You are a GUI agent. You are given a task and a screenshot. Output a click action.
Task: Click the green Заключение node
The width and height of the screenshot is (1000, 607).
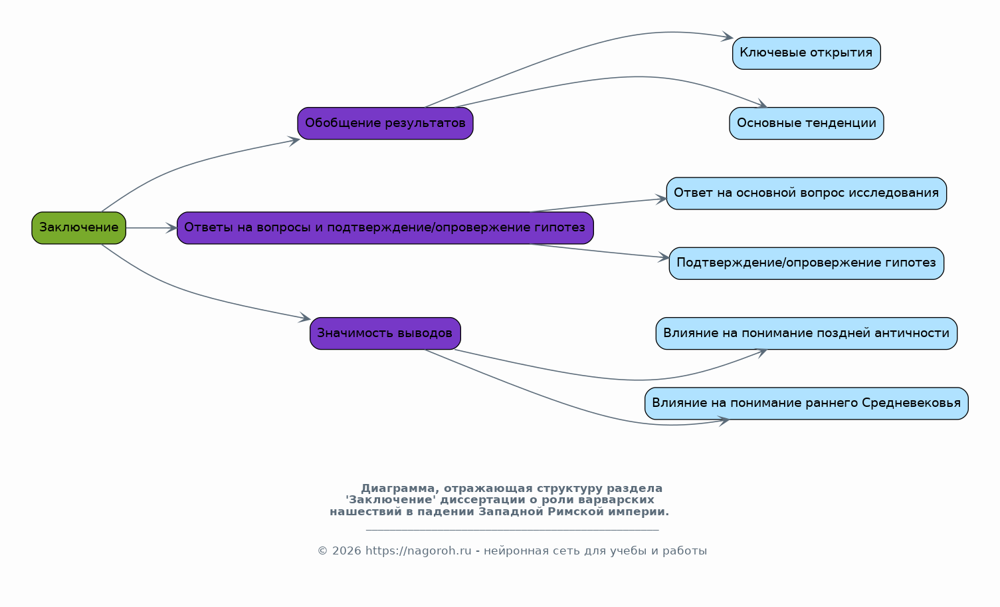click(x=78, y=228)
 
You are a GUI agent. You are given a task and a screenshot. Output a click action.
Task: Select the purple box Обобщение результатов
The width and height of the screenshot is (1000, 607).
click(x=385, y=123)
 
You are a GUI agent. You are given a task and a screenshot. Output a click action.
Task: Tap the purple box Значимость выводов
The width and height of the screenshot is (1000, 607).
click(x=385, y=333)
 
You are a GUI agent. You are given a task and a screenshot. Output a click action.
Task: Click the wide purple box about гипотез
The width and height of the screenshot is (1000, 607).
click(x=385, y=228)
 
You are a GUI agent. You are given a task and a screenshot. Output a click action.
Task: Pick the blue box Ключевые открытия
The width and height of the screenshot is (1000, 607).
click(x=806, y=53)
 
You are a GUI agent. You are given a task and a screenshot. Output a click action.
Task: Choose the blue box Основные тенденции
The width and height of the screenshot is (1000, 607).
click(x=806, y=123)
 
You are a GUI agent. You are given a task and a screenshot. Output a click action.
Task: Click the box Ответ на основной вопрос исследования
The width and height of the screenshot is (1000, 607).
click(x=806, y=193)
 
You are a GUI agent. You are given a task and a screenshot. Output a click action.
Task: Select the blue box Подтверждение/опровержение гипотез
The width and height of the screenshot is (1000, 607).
click(x=806, y=263)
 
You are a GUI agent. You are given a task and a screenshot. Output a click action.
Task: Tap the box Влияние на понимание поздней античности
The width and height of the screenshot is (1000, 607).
click(x=806, y=333)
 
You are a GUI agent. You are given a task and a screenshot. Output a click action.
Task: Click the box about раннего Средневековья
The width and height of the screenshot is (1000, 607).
click(x=806, y=404)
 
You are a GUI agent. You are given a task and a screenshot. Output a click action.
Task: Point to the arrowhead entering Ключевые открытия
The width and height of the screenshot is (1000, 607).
click(x=728, y=37)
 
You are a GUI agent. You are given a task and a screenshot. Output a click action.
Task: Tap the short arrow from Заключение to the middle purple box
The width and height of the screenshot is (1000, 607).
click(x=151, y=228)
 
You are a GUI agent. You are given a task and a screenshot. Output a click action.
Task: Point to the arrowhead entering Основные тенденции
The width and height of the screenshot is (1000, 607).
click(x=761, y=104)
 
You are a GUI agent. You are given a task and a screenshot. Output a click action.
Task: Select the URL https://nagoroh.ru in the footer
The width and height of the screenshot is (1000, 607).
click(x=419, y=550)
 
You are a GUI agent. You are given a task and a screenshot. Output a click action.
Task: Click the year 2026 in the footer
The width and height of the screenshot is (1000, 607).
click(x=346, y=550)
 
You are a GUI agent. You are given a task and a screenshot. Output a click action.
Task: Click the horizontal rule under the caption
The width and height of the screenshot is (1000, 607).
click(x=512, y=530)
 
